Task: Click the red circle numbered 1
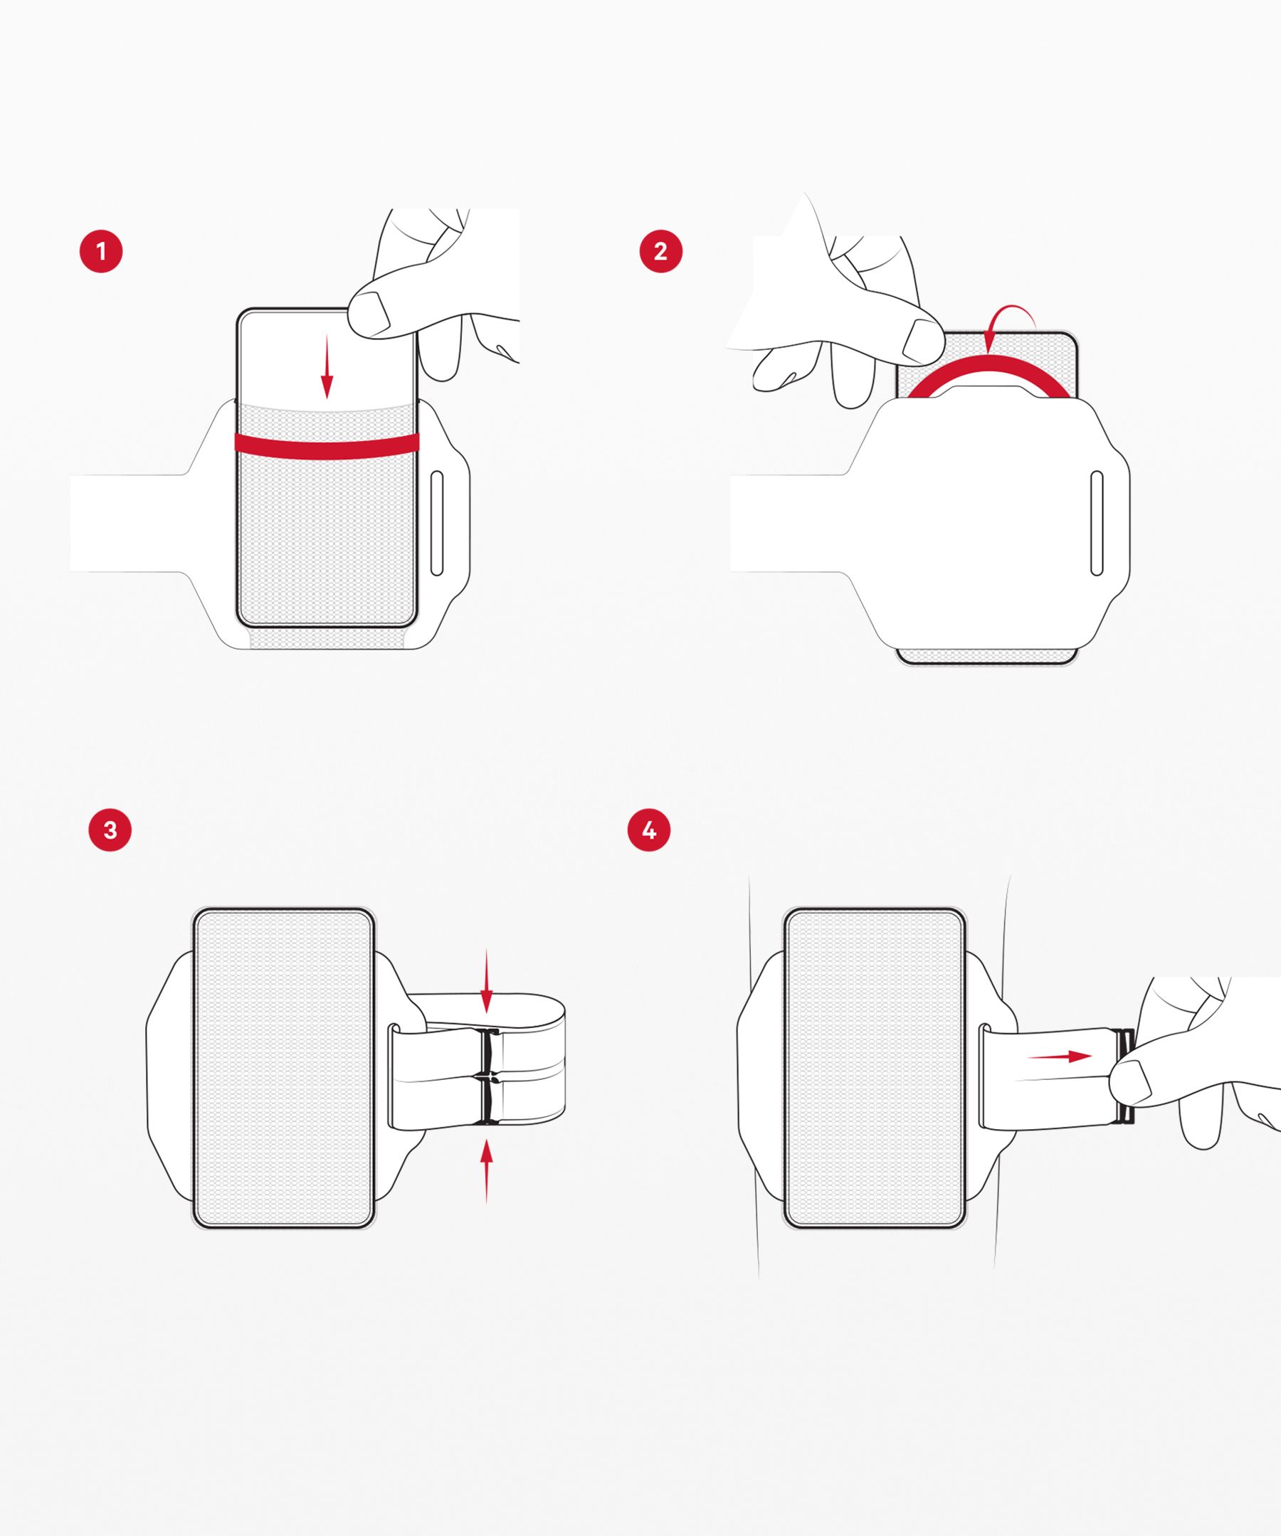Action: pos(101,252)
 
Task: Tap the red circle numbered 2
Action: pos(660,252)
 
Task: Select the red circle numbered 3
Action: pos(110,830)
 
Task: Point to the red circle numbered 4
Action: pos(649,830)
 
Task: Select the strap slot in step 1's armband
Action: pos(437,524)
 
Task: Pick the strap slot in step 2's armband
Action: pos(1097,523)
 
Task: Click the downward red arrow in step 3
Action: pos(487,982)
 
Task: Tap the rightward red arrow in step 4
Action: pos(1060,1056)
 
